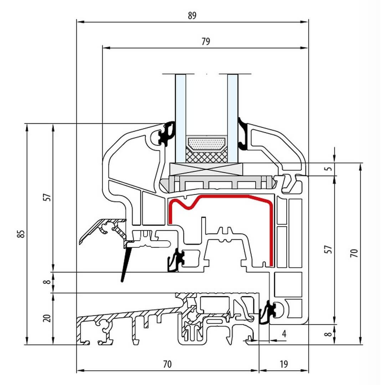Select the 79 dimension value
(x=205, y=41)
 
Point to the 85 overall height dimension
(x=21, y=234)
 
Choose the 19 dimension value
(x=283, y=364)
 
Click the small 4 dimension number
(x=284, y=334)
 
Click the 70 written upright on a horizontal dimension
(x=167, y=364)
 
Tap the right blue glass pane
(x=232, y=118)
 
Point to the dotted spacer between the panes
(x=207, y=144)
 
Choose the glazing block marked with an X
(x=207, y=168)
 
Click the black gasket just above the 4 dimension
(x=268, y=312)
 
